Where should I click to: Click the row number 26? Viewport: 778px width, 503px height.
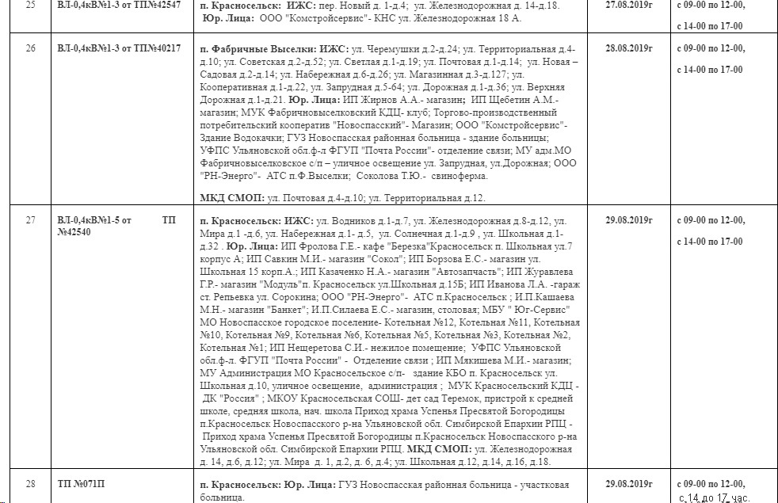(31, 48)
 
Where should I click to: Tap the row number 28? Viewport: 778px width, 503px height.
(31, 483)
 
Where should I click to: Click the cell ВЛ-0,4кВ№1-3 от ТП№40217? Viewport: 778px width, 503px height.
(119, 48)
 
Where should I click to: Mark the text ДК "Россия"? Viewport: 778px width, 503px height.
(235, 397)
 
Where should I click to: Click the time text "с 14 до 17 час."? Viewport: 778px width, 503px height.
(714, 497)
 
